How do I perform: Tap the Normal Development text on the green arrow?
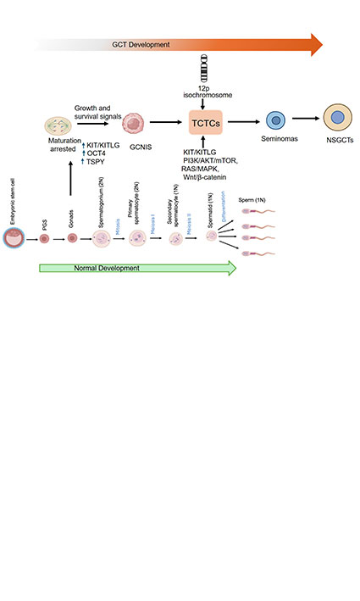click(95, 269)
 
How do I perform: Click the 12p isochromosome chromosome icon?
click(203, 66)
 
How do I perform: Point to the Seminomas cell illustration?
click(274, 122)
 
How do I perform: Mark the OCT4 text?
click(100, 153)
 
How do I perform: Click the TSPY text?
click(98, 162)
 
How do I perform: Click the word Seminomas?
click(274, 146)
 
